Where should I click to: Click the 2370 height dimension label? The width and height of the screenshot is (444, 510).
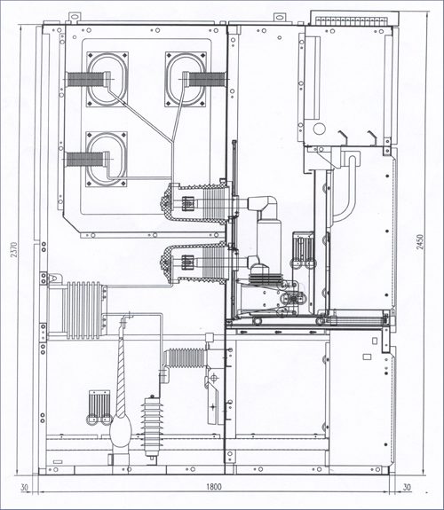coord(13,250)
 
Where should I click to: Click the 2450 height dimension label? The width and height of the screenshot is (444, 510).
coord(420,242)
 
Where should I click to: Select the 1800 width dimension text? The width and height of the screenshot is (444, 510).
coord(214,487)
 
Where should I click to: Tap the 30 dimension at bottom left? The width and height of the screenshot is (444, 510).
coord(25,488)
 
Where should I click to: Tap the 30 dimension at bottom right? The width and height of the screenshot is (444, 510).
coord(407,487)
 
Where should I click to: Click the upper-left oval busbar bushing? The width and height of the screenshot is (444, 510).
coord(107,79)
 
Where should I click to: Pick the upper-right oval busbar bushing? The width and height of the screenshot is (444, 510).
coord(186,79)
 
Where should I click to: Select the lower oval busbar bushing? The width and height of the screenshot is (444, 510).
coord(107,160)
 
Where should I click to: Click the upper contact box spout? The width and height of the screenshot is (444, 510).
coord(194,203)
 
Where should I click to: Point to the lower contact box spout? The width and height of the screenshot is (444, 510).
coord(194,263)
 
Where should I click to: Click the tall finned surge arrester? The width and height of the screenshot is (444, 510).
coord(151,426)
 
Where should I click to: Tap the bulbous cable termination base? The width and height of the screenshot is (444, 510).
coord(120,430)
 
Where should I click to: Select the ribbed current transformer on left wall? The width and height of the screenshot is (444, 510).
coord(84,310)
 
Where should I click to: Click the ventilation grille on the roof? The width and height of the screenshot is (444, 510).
coord(354,19)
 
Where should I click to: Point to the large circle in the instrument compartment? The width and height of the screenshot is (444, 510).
coord(320,128)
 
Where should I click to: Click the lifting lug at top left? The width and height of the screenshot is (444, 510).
coord(75,17)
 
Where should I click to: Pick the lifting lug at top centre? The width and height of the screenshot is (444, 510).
coord(279,17)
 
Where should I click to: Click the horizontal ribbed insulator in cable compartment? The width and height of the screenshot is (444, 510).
coord(185,357)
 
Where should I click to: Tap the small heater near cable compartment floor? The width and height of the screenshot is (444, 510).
coord(99,407)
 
